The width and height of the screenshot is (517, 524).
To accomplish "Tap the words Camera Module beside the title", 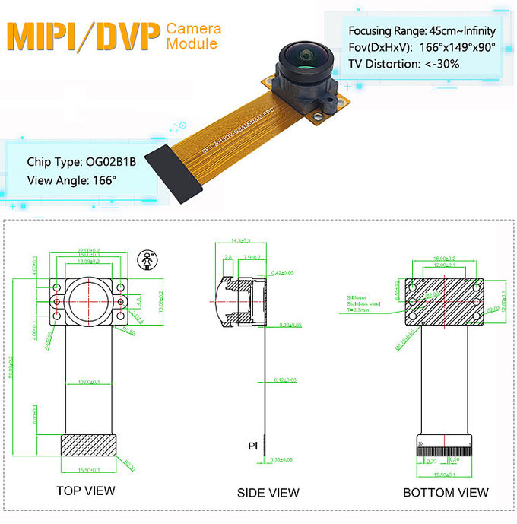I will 194,37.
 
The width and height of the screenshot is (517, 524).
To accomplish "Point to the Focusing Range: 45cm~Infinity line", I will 421,31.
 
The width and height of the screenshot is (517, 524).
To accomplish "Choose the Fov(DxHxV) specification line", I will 421,47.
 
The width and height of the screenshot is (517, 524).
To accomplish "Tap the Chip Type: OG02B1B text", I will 81,161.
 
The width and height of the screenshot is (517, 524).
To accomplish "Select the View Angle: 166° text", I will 71,180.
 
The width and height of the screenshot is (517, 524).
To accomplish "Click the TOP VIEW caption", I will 86,491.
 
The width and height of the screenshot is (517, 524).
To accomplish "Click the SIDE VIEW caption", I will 268,492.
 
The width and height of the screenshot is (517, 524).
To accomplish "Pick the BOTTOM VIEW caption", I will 446,492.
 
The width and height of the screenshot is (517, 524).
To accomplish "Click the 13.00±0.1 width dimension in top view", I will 90,382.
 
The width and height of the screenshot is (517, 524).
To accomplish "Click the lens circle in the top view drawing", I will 90,299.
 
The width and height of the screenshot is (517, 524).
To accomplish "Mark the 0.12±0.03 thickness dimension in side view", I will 286,380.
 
